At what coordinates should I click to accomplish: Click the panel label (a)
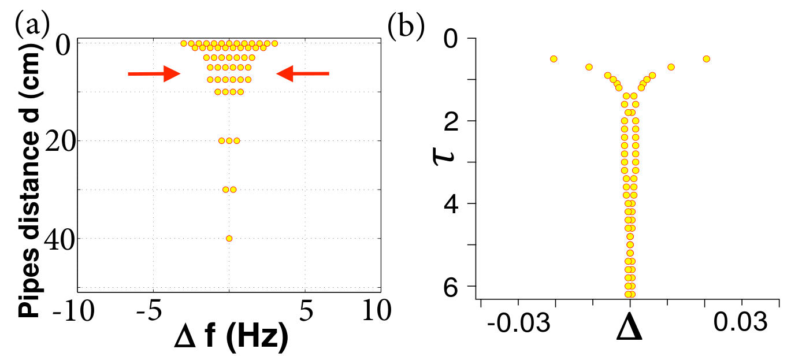click(x=32, y=25)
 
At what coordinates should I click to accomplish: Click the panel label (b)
click(x=406, y=25)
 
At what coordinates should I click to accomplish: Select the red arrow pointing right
click(x=154, y=74)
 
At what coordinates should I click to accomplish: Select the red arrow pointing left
click(x=303, y=73)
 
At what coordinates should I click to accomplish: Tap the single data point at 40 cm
click(x=229, y=239)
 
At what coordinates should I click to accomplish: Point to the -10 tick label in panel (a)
click(x=73, y=311)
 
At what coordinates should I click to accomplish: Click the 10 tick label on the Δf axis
click(x=377, y=311)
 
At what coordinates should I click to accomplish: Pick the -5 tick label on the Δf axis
click(x=150, y=311)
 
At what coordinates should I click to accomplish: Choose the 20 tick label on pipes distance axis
click(x=61, y=140)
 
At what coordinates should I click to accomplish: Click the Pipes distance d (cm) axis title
click(x=29, y=180)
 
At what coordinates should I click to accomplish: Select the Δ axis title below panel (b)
click(x=629, y=331)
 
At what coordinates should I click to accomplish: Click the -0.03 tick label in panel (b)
click(x=519, y=323)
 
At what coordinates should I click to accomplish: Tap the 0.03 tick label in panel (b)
click(x=741, y=322)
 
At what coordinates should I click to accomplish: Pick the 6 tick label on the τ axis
click(x=451, y=286)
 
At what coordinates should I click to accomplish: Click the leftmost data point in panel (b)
click(x=554, y=59)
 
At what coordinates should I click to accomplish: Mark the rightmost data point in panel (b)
click(x=706, y=59)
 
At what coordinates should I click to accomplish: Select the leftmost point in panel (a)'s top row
click(x=184, y=43)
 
